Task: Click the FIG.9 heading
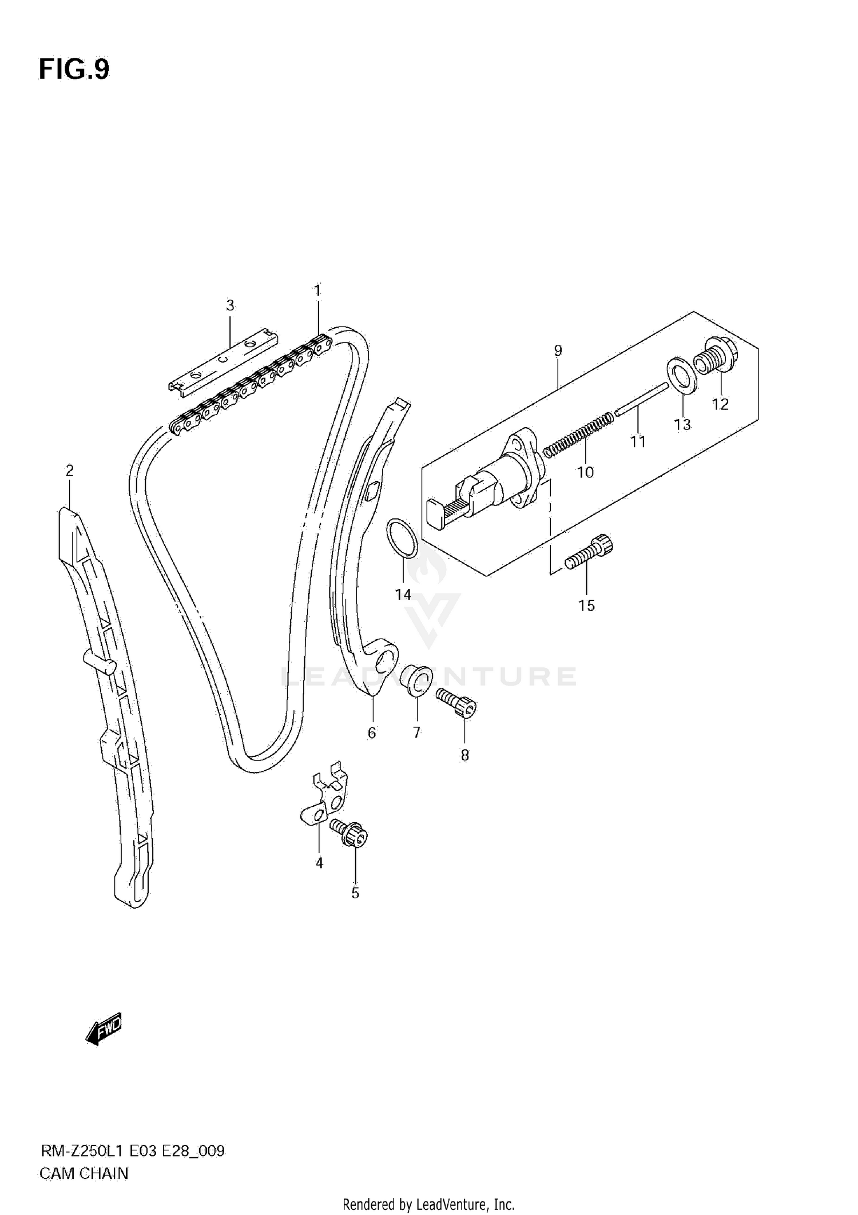(x=74, y=70)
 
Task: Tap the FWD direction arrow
(x=104, y=1030)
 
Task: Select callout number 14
(x=403, y=595)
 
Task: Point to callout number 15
(x=586, y=605)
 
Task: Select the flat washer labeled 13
(x=682, y=375)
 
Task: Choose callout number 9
(x=558, y=350)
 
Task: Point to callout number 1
(x=317, y=290)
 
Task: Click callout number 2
(x=69, y=471)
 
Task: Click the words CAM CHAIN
(x=84, y=1173)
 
